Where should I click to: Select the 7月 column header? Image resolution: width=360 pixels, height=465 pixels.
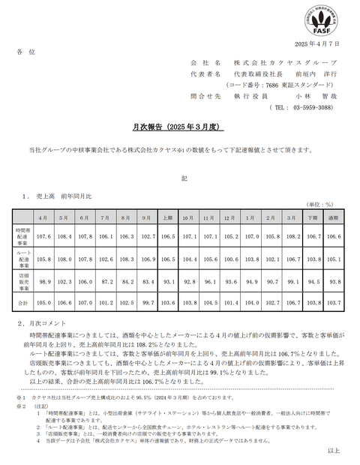(105, 217)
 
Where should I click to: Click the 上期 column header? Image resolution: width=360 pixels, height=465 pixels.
(168, 217)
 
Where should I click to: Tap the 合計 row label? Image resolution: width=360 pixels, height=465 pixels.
(22, 301)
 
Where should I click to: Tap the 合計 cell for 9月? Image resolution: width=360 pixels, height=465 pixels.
(147, 301)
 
